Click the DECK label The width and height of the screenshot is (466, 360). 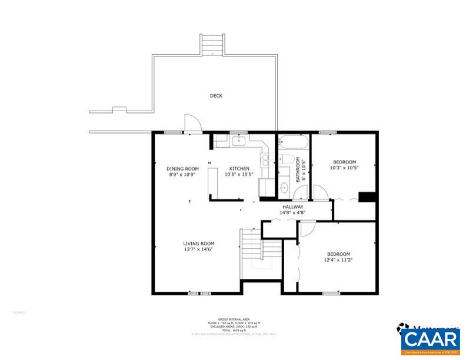(216, 96)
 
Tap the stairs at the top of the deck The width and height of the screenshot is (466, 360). (212, 44)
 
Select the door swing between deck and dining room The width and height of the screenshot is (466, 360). (192, 122)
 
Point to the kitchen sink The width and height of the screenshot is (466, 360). (239, 141)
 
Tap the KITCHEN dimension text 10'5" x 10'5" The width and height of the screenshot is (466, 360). (239, 175)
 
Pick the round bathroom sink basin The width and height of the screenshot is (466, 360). (283, 188)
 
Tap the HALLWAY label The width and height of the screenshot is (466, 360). (292, 207)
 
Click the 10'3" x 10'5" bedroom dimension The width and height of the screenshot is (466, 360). (345, 168)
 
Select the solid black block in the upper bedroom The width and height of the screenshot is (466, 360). (367, 197)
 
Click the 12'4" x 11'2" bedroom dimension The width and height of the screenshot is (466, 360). (339, 260)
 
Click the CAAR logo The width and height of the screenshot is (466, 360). (430, 340)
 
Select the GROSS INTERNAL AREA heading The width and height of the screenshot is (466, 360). (234, 319)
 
